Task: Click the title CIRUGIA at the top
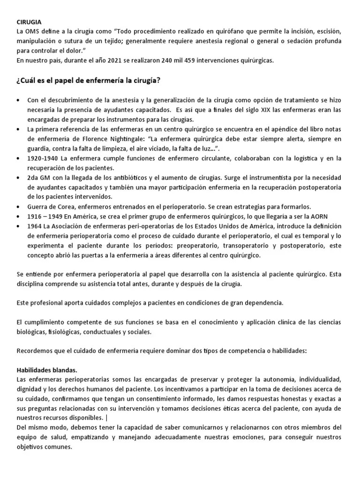tap(29, 22)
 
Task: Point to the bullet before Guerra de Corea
tap(18, 207)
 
